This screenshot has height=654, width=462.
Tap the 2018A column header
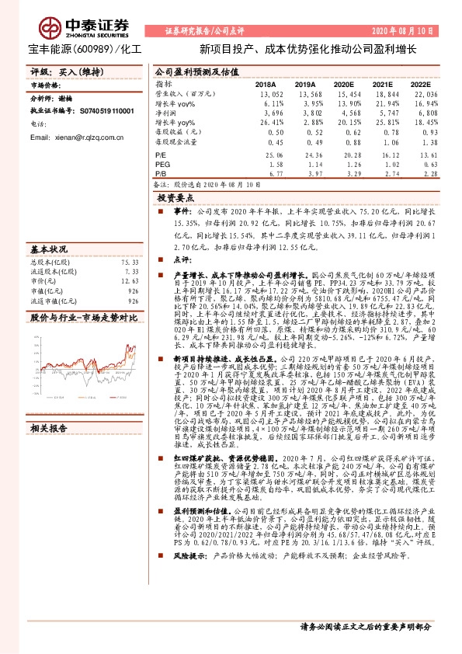(x=266, y=84)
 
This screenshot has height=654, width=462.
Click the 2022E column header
(x=420, y=84)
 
